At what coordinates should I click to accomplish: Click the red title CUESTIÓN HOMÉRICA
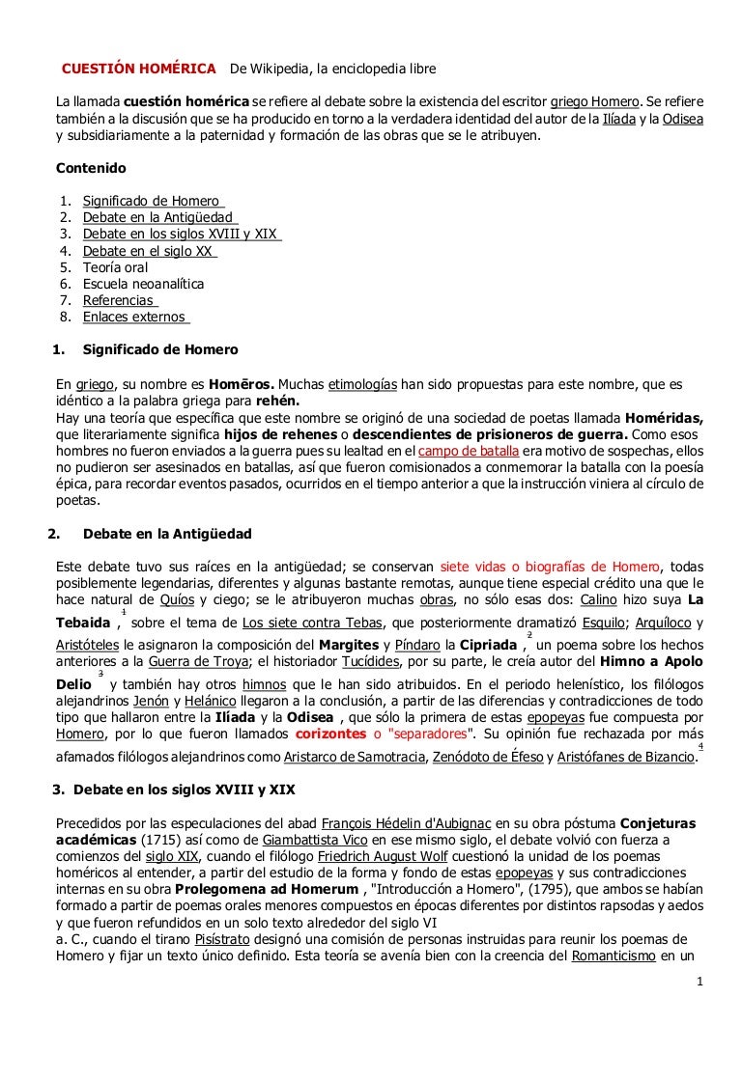pyautogui.click(x=139, y=69)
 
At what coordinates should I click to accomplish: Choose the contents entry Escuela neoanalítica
pyautogui.click(x=143, y=284)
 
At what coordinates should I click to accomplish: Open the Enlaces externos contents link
pyautogui.click(x=134, y=317)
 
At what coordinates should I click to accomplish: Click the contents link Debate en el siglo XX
pyautogui.click(x=148, y=251)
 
